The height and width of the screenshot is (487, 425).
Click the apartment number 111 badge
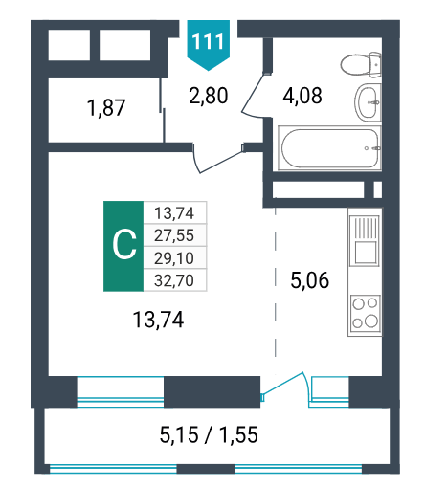[x=208, y=45]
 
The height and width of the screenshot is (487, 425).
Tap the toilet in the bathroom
[x=361, y=65]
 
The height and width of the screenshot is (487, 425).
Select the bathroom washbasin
[x=368, y=102]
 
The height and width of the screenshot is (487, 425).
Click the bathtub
[x=329, y=148]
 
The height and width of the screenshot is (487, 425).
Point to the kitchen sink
[x=365, y=241]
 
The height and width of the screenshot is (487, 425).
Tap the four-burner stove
[x=365, y=313]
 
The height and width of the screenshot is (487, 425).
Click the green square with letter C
[x=123, y=246]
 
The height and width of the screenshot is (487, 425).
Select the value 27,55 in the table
[x=174, y=235]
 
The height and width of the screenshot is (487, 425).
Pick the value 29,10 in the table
[x=174, y=258]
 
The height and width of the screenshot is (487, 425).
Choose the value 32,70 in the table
[x=174, y=280]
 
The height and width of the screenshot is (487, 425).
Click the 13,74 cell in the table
[x=174, y=212]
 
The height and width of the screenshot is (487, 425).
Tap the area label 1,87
[x=106, y=107]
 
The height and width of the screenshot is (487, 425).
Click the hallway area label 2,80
[x=209, y=96]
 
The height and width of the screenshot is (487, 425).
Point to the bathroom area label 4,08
[x=302, y=96]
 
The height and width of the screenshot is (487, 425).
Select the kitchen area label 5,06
[x=310, y=280]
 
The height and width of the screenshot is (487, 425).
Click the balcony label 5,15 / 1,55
[x=209, y=434]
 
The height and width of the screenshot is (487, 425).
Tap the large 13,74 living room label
[x=158, y=320]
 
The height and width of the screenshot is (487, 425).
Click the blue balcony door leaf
[x=282, y=385]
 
